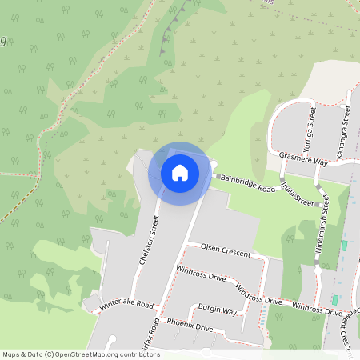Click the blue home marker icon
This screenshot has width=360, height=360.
(180, 173)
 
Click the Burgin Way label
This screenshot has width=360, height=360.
(218, 310)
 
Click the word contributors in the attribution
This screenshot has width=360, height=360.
(136, 354)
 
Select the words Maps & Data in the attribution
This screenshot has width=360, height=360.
(22, 354)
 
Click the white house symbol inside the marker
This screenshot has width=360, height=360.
(180, 172)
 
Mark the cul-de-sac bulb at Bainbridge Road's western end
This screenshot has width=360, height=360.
(214, 166)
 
